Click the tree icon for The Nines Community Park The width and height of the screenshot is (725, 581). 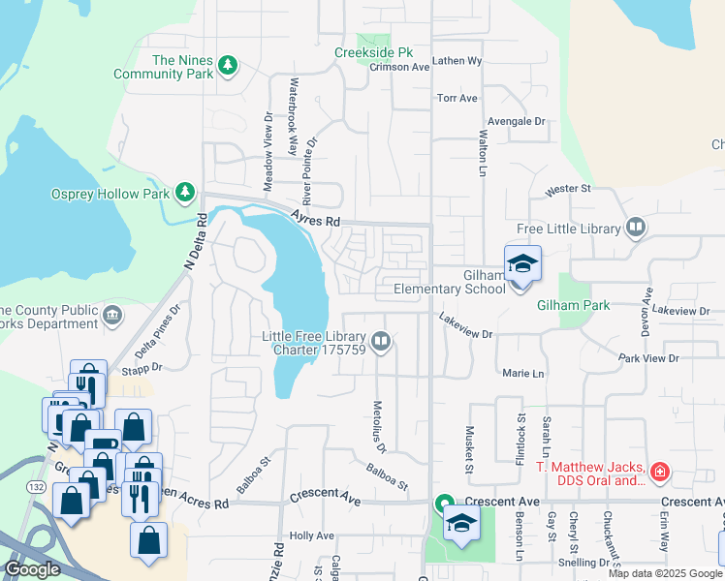coord(228,66)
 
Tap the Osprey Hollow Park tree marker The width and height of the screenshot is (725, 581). coord(185,194)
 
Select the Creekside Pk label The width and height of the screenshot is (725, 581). coord(373,52)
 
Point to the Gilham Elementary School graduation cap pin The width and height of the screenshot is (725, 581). coord(521,264)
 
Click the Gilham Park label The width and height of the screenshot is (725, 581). coord(573,305)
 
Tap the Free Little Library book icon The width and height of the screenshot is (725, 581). coord(635,229)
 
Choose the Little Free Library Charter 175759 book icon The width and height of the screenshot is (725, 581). coord(382,341)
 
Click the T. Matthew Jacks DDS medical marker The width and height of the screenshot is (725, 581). coord(660,473)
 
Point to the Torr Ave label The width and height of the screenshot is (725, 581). coord(457,99)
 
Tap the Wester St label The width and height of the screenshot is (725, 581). coord(567,188)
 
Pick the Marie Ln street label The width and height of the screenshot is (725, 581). coord(523,373)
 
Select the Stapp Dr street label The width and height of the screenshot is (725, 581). coord(141,369)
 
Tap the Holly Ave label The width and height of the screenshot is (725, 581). coord(311,535)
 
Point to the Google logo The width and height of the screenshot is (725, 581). coord(32,569)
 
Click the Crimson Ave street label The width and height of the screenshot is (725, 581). coord(406,68)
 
